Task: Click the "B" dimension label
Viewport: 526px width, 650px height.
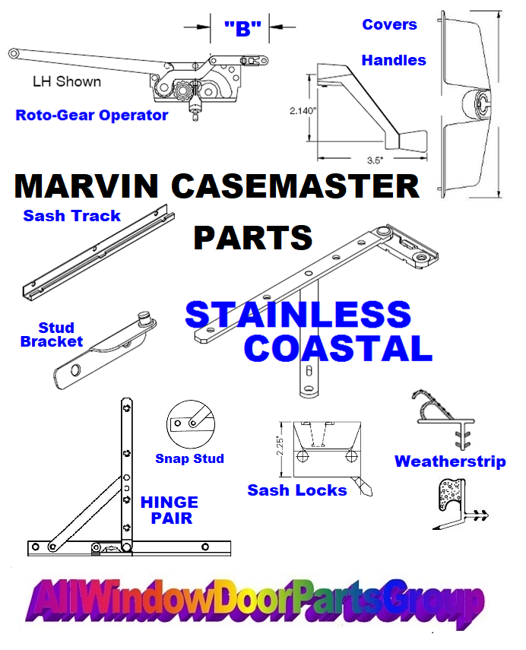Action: point(243,29)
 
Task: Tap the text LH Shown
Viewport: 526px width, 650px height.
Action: point(67,81)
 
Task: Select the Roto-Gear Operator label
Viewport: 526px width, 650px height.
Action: point(92,116)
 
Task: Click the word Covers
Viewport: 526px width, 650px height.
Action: point(390,24)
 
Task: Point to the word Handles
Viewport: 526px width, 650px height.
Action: point(394,61)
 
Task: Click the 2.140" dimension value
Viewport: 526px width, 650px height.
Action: point(303,111)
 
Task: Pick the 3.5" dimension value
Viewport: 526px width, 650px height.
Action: point(375,160)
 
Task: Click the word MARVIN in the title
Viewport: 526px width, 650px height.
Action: point(86,186)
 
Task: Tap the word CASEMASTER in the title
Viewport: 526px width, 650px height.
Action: point(295,186)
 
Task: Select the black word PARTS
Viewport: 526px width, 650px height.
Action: point(253,237)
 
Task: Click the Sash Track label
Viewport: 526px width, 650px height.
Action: point(71,216)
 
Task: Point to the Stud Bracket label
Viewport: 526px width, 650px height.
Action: point(52,335)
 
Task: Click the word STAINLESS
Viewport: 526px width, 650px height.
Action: point(298,315)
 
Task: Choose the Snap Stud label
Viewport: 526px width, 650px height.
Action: point(189,458)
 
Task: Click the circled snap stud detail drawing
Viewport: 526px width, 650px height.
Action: point(191,424)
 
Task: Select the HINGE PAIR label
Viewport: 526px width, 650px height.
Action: point(170,510)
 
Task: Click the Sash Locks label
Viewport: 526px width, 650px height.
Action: point(296,490)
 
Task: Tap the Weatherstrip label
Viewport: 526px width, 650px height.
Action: point(450,461)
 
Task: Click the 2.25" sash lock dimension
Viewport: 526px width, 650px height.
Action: point(280,447)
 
